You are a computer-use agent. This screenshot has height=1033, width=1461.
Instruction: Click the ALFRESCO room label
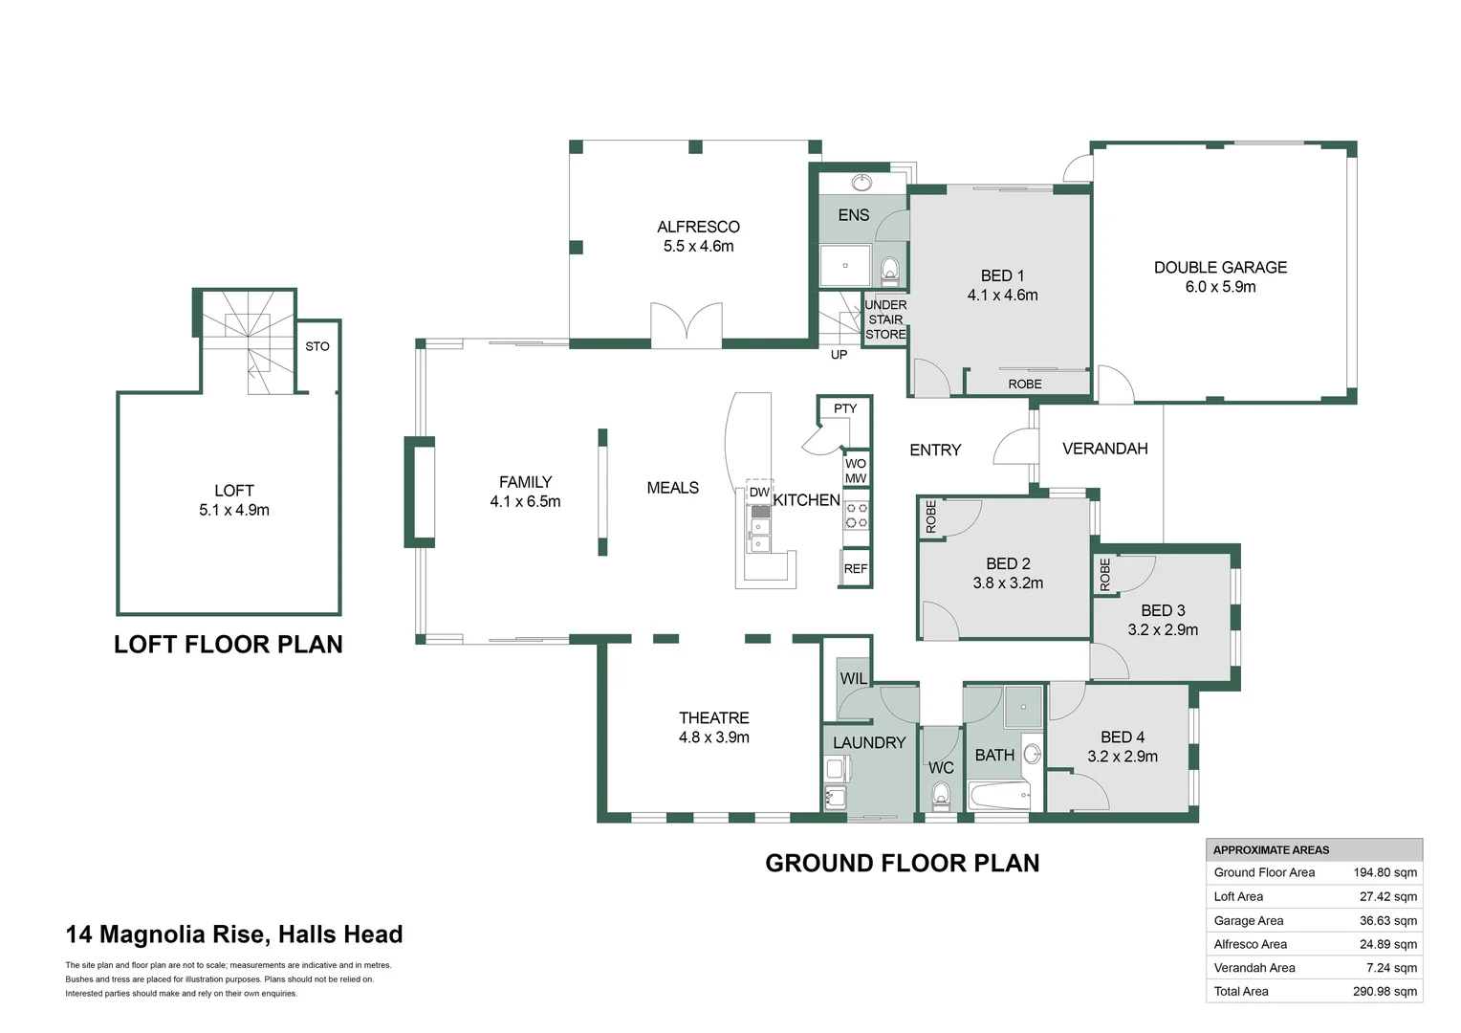698,227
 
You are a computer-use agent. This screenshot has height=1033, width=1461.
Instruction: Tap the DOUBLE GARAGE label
1220,268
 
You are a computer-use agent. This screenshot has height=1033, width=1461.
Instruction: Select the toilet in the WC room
941,795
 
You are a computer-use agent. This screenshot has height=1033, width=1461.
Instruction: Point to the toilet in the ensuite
889,270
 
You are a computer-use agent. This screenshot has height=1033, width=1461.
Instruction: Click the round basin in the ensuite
862,182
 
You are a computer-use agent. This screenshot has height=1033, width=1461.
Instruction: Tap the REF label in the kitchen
855,569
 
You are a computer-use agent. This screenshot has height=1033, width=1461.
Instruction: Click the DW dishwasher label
759,492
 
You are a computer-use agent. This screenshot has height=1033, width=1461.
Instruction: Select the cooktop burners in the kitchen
857,515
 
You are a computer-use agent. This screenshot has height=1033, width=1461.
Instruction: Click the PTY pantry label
845,408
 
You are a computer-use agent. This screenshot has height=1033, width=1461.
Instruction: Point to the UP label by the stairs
839,354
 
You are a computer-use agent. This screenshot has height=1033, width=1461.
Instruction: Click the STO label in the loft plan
317,346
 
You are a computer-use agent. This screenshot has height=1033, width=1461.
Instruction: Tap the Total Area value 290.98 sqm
1385,991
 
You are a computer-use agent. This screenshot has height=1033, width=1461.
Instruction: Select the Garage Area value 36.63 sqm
1388,921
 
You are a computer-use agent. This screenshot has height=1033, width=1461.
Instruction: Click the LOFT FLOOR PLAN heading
229,645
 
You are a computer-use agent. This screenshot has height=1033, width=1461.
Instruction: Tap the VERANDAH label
1105,449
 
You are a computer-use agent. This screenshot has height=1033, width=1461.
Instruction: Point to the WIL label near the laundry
853,679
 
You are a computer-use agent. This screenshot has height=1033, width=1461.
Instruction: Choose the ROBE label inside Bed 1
1025,385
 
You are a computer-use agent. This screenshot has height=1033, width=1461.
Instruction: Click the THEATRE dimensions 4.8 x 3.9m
713,737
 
